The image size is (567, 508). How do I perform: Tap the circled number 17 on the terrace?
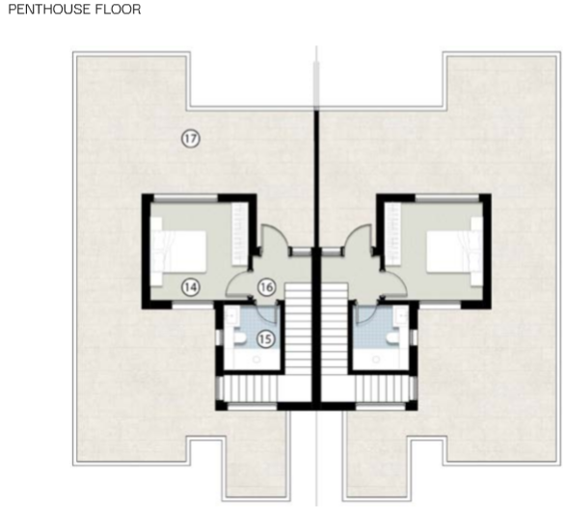pyautogui.click(x=191, y=139)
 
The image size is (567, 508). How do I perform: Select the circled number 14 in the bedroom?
pyautogui.click(x=191, y=287)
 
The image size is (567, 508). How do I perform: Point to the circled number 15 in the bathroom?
pyautogui.click(x=266, y=339)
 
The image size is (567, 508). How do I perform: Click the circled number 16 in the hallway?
pyautogui.click(x=266, y=287)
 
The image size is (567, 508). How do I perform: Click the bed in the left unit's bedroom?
pyautogui.click(x=178, y=252)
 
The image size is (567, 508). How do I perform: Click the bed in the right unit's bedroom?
pyautogui.click(x=454, y=252)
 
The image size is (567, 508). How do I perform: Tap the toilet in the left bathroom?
pyautogui.click(x=240, y=338)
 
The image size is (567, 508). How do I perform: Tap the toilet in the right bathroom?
pyautogui.click(x=391, y=338)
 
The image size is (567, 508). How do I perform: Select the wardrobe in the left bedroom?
pyautogui.click(x=240, y=234)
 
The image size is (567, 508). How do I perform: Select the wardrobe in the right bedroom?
pyautogui.click(x=392, y=234)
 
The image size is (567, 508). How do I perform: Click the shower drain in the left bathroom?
pyautogui.click(x=256, y=360)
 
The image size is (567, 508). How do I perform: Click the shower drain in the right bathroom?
pyautogui.click(x=376, y=360)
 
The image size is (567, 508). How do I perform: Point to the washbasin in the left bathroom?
pyautogui.click(x=229, y=316)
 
